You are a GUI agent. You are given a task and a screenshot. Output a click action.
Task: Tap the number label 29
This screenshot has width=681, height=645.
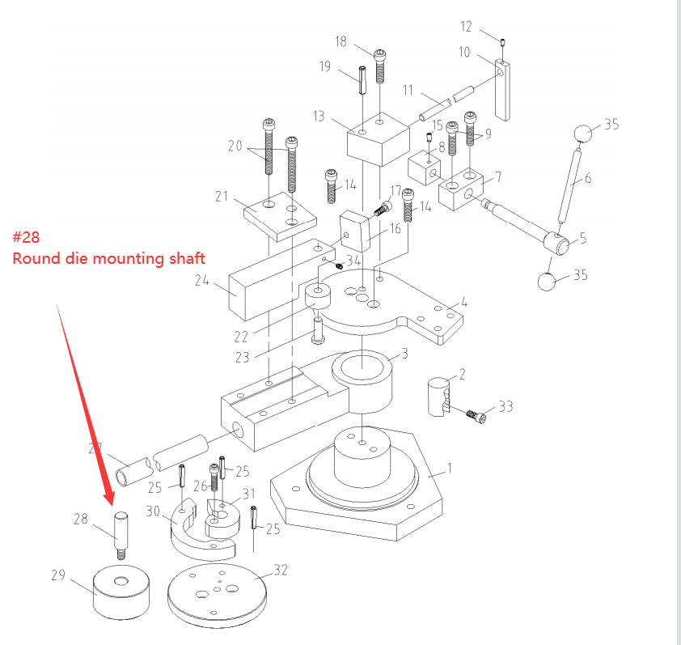click(57, 575)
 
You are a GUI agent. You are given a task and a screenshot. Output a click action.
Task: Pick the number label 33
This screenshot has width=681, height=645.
click(505, 406)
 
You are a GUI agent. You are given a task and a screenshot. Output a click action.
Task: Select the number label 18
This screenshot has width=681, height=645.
click(340, 41)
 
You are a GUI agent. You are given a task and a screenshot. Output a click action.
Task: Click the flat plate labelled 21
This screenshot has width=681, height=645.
click(272, 214)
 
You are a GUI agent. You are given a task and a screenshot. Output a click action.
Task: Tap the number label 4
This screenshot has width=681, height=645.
click(464, 303)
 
